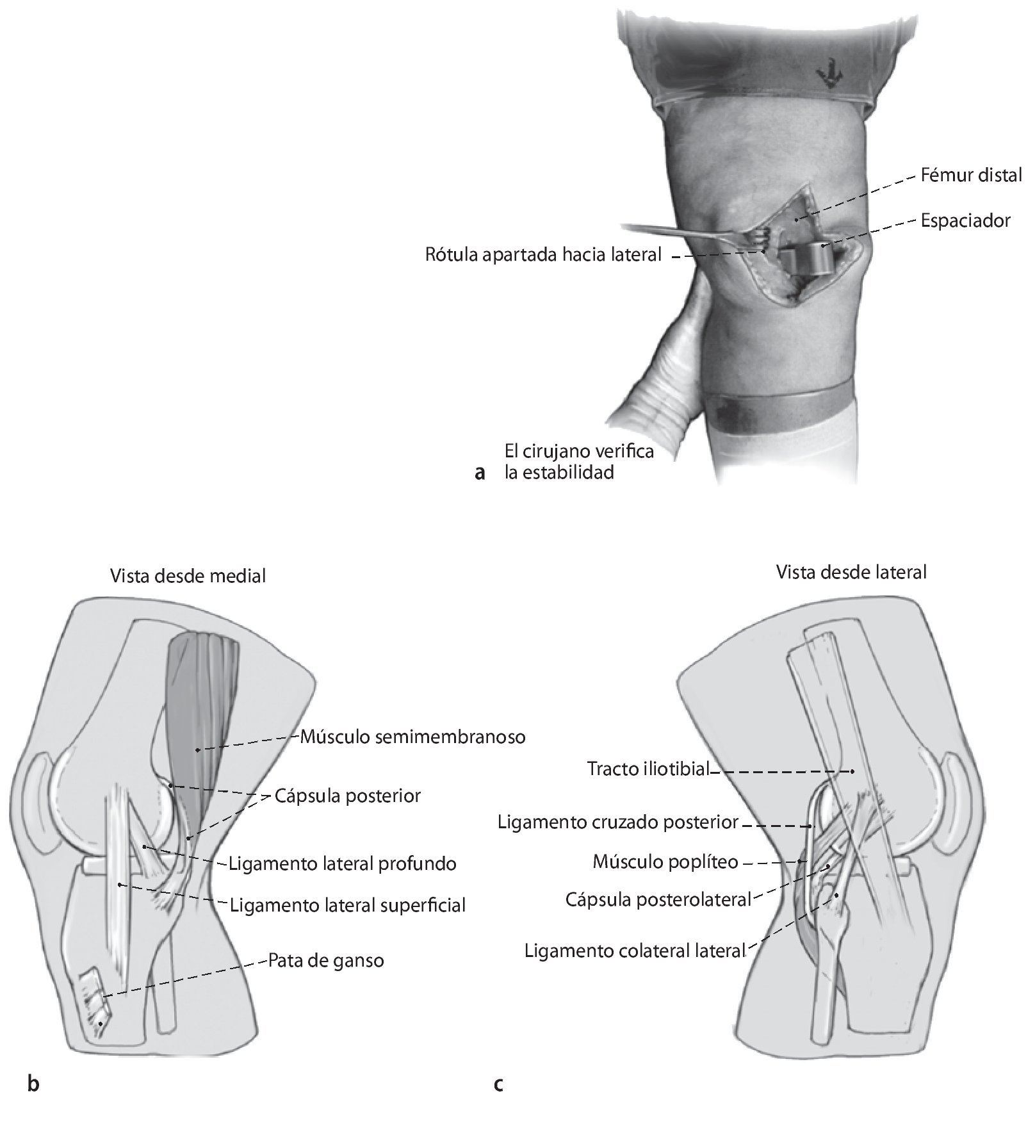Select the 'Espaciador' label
tap(965, 221)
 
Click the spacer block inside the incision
tap(806, 259)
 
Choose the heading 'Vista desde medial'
tap(188, 577)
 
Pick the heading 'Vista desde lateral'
tap(851, 572)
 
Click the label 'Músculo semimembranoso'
tap(413, 737)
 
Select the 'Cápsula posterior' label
tap(348, 796)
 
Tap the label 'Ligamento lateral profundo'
tap(343, 863)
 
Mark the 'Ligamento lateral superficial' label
tap(347, 906)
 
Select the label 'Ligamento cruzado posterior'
tap(618, 822)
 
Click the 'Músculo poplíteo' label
tap(665, 862)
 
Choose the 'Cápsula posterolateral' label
tap(658, 900)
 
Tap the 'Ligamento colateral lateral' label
tap(635, 951)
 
